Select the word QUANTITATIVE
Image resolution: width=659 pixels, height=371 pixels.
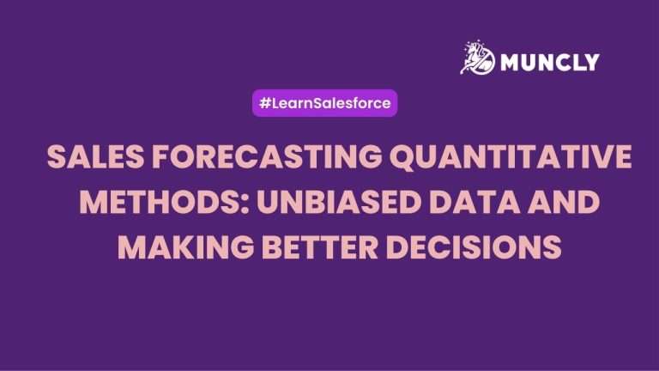511,158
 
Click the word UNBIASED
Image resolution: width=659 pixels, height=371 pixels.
339,202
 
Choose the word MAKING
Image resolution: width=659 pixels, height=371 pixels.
185,247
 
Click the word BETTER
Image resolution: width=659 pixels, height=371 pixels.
320,247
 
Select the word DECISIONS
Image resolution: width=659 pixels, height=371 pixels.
474,247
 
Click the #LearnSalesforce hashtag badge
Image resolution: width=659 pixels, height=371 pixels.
325,103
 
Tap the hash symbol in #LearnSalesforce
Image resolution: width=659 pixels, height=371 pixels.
265,103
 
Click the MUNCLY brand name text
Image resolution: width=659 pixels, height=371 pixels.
550,62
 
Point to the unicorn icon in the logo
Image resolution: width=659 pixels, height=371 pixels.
477,58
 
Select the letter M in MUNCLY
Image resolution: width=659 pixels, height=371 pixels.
511,62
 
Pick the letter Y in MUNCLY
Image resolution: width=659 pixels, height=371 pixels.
591,62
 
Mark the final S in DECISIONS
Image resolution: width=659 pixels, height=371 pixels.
553,247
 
